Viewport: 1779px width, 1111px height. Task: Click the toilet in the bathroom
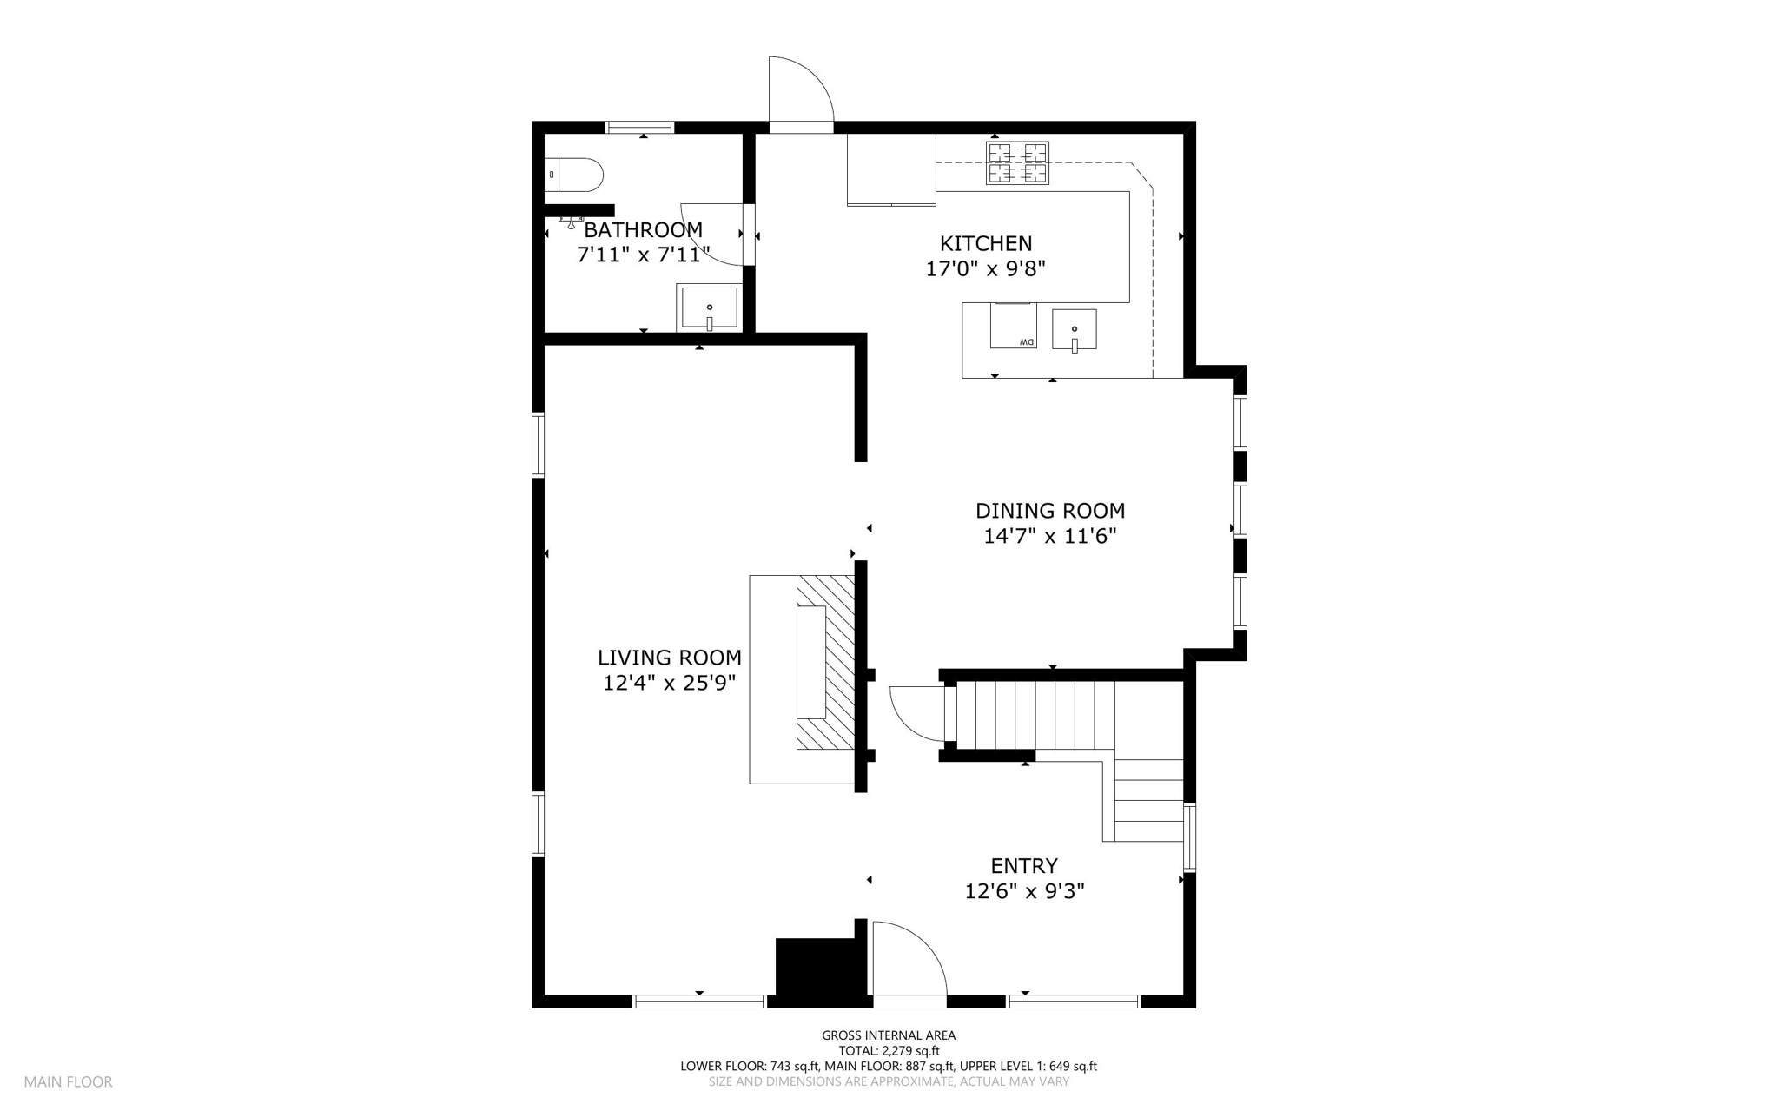573,175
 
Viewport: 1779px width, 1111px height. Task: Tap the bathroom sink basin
710,308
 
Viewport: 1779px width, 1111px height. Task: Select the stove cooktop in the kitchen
1017,162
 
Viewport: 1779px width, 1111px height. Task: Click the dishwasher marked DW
1014,326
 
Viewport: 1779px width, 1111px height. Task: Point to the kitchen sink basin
1075,329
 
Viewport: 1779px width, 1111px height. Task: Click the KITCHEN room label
986,243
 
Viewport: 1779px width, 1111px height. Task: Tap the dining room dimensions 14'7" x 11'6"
1049,536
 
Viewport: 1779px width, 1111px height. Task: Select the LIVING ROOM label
670,658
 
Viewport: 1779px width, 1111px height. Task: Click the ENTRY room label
1024,865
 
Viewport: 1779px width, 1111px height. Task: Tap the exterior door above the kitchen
801,94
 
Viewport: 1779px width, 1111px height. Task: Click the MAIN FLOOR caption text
68,1081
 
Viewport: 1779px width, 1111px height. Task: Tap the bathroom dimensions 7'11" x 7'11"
644,255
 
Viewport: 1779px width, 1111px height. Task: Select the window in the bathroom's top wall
640,128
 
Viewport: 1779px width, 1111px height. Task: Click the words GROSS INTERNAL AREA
889,1035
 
